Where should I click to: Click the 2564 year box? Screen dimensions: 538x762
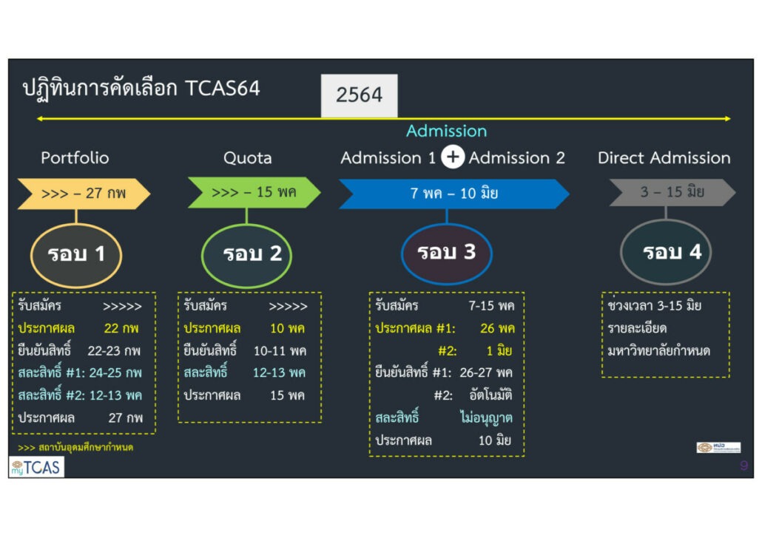[x=359, y=95]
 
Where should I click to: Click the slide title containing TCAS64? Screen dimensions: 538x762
[x=141, y=89]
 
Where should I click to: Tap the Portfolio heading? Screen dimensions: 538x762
[x=75, y=157]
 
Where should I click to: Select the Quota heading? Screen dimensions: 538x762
[x=247, y=157]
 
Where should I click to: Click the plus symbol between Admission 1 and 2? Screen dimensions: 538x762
[x=452, y=157]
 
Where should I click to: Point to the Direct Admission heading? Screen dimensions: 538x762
[x=664, y=157]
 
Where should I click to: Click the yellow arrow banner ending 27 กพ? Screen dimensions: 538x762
[x=84, y=194]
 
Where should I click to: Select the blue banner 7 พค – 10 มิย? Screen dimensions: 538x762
[x=454, y=194]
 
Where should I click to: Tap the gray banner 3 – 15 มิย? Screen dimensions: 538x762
[x=672, y=192]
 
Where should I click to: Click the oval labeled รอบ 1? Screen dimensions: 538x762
[x=76, y=254]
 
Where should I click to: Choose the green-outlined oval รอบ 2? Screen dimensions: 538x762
[x=246, y=254]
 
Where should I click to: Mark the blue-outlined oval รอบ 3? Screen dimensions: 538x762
[x=446, y=253]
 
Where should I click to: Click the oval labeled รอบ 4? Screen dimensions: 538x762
[x=671, y=252]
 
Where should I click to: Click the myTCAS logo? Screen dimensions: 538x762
[x=36, y=467]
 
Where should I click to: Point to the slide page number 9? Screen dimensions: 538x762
[x=743, y=466]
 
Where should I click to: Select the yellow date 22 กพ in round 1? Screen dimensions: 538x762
[x=121, y=328]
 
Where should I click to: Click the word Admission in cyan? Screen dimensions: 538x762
[x=446, y=131]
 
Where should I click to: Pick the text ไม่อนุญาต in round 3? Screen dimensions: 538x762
[x=485, y=418]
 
